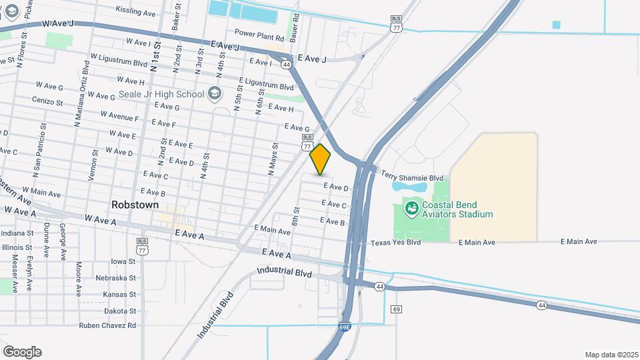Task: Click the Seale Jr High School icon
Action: tap(214, 94)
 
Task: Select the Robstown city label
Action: tap(135, 205)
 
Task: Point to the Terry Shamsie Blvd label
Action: tap(412, 177)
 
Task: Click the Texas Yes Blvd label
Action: tap(395, 243)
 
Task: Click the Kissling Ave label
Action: tap(135, 11)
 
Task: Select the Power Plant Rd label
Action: tap(259, 32)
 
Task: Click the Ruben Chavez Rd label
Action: tap(107, 325)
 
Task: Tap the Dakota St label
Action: tap(121, 310)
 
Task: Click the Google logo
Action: tap(22, 352)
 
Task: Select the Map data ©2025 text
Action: tap(611, 355)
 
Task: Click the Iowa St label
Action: tap(123, 261)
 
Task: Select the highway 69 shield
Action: tap(397, 309)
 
